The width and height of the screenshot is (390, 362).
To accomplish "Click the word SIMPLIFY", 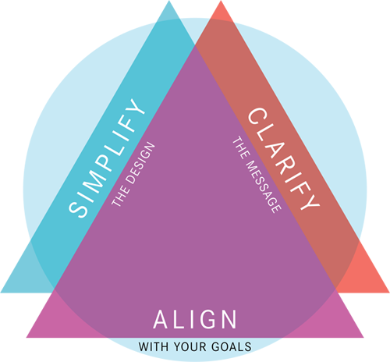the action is point(107,158).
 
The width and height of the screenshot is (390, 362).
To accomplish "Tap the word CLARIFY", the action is point(284,159).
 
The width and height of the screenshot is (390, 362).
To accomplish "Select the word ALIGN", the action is point(195,319).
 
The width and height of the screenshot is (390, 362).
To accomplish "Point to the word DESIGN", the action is point(140,163).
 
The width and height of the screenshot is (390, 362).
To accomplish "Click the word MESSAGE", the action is point(264,186).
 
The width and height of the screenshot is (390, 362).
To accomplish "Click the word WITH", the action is point(154,346).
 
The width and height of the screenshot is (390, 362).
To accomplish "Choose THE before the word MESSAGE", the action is point(240,147).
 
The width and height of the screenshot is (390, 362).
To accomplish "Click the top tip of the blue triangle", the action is point(169,1).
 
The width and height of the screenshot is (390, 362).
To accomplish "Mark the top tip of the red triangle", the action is point(221,1).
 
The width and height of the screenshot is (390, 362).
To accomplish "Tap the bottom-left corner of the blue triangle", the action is point(1,293).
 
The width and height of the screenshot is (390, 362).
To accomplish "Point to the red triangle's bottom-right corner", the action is point(389,293).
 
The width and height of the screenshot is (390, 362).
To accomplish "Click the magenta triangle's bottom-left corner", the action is point(27,338).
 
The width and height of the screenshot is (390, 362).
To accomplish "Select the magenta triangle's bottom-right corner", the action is point(363,338).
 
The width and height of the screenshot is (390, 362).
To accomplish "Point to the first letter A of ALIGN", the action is point(161,319).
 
